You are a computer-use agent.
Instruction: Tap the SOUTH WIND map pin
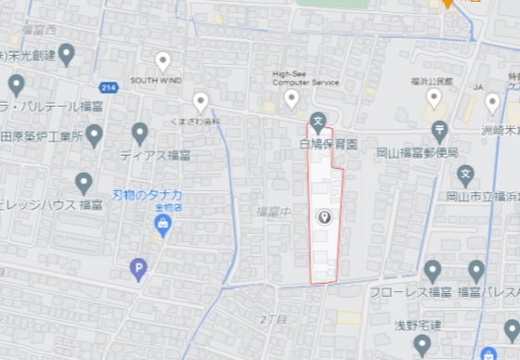point(162,62)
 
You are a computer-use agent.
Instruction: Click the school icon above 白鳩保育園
point(318,120)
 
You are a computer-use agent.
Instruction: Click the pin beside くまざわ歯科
point(201,102)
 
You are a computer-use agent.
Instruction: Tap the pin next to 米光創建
point(66,55)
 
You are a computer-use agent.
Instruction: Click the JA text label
point(479,87)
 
